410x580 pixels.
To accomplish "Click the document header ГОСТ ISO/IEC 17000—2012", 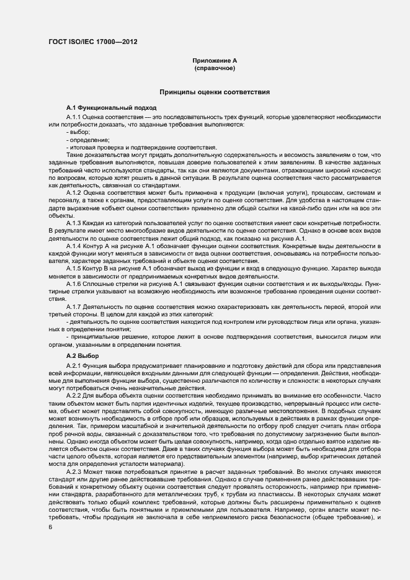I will (x=92, y=42).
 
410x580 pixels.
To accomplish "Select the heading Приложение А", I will (x=215, y=61).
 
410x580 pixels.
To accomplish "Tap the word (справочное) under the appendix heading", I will (x=215, y=68).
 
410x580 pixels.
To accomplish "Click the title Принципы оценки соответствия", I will (x=215, y=92).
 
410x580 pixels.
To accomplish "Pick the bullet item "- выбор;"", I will (x=78, y=132).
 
